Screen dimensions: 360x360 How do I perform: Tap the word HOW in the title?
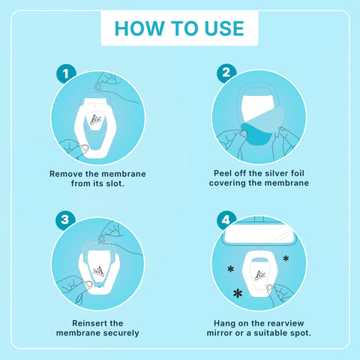(x=139, y=28)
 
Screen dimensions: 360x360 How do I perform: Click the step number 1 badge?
(x=66, y=73)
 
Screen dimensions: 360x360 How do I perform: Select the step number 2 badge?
(x=226, y=73)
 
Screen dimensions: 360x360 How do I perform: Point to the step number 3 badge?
(x=65, y=220)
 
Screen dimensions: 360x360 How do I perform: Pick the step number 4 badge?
(x=226, y=220)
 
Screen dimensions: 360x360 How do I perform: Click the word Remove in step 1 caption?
(x=66, y=174)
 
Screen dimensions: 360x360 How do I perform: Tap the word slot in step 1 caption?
(x=115, y=184)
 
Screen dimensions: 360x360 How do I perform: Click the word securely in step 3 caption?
(x=121, y=333)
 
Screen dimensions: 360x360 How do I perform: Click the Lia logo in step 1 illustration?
(x=96, y=120)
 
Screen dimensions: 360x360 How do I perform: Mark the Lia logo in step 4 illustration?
(x=260, y=275)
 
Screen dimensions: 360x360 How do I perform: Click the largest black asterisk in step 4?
(x=238, y=293)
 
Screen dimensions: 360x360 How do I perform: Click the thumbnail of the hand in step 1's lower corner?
(x=84, y=148)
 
